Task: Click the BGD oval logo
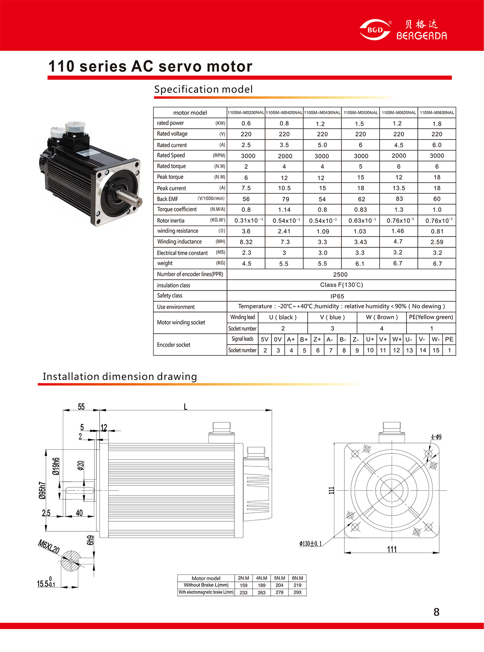(375, 30)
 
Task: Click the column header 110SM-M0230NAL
(246, 113)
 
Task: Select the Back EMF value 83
(399, 199)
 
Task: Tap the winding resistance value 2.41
(284, 231)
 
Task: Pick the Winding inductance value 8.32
(246, 242)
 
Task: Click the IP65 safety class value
(337, 296)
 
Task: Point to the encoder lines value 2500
(340, 274)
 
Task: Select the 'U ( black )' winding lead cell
(283, 317)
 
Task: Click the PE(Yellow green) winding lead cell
(431, 317)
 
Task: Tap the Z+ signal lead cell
(317, 339)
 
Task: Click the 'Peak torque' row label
(170, 177)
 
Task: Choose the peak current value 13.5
(398, 188)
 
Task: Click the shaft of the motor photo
(129, 196)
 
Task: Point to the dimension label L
(186, 406)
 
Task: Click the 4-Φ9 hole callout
(436, 437)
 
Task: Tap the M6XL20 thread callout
(49, 547)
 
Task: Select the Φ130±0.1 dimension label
(311, 544)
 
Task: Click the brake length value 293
(297, 592)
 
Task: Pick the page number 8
(436, 612)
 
